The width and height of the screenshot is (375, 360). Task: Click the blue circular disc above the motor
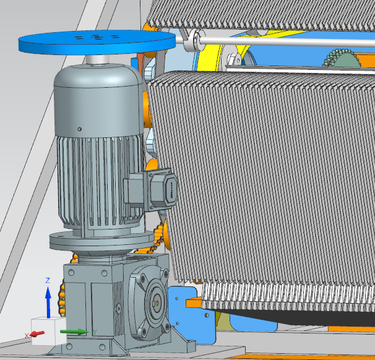point(97,43)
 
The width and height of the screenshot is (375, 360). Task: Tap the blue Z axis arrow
point(48,302)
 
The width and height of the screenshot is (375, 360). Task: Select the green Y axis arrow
point(74,332)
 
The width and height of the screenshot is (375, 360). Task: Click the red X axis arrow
point(38,333)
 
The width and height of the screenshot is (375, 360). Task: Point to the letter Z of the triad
point(48,280)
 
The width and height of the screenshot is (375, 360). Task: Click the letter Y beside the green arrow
point(95,332)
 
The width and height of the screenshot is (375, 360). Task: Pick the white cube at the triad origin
point(48,331)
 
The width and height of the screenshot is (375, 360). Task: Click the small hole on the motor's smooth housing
point(80,129)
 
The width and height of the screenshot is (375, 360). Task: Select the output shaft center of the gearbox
point(157,303)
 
